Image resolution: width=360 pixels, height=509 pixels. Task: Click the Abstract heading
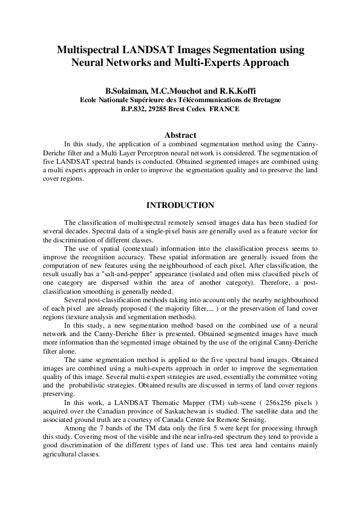[x=180, y=134]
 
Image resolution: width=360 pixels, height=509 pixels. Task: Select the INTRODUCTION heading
[x=180, y=206]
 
